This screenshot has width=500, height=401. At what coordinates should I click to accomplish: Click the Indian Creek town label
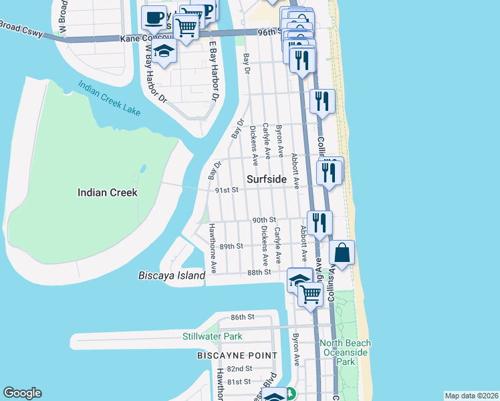click(x=107, y=192)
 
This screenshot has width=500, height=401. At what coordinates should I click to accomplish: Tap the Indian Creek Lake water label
click(x=109, y=99)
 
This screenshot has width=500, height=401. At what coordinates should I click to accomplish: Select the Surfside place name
click(x=266, y=179)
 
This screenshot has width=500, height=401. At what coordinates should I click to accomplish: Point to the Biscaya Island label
click(x=171, y=275)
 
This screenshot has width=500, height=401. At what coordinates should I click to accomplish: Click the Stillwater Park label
click(x=213, y=336)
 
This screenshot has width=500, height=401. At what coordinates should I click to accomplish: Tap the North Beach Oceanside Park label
click(x=346, y=352)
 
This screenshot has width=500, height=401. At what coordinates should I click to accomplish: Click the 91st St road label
click(x=227, y=190)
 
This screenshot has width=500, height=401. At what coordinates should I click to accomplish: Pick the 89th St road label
click(x=231, y=246)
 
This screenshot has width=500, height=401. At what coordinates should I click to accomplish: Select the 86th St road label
click(x=243, y=317)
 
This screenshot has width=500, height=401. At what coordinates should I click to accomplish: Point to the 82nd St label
click(x=239, y=368)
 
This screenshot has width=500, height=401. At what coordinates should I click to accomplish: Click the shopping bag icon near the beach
click(x=342, y=253)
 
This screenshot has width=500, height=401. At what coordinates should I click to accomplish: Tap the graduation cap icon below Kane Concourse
click(x=164, y=51)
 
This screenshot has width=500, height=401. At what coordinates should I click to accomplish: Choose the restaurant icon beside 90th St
click(x=320, y=221)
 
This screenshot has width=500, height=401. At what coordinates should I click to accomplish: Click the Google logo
click(x=22, y=393)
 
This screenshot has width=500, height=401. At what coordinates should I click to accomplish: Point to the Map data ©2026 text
click(x=471, y=396)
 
